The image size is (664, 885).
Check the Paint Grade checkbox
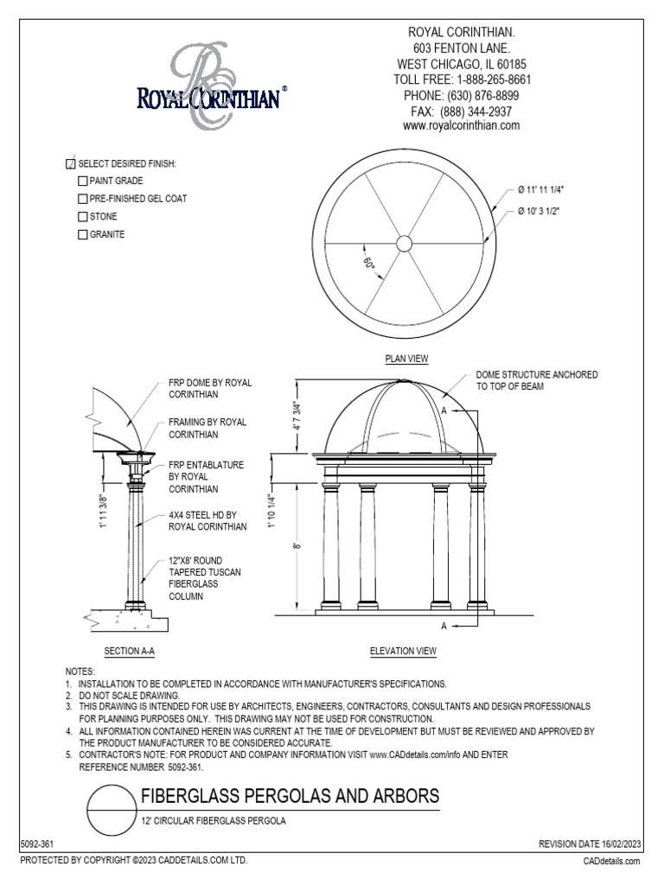pos(83,181)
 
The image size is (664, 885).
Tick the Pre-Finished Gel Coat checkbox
pos(83,199)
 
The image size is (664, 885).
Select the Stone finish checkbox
pos(83,217)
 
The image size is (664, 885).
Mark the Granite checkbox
pos(83,234)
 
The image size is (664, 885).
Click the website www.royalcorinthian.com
pos(461,125)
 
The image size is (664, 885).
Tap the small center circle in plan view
pos(404,243)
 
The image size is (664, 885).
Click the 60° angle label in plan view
pos(370,264)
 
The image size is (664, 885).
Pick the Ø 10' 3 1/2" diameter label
pos(549,212)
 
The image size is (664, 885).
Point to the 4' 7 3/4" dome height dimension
pos(297,416)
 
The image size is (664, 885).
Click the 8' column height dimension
pos(297,544)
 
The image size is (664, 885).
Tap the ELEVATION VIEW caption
pos(403,651)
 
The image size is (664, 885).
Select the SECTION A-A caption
pos(129,651)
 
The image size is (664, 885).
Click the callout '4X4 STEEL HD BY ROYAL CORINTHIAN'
pos(207,519)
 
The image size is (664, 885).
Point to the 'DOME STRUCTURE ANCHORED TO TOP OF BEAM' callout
pos(536,381)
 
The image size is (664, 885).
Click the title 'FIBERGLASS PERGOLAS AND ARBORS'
pos(290,795)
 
